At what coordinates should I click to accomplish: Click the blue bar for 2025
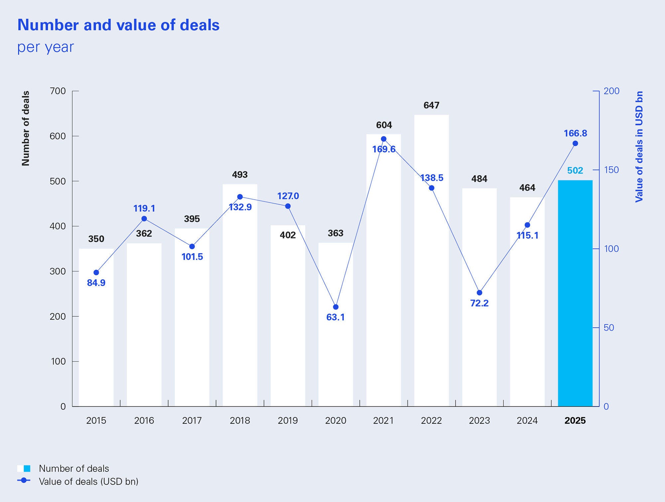coord(575,293)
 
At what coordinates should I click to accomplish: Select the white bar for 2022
coord(431,283)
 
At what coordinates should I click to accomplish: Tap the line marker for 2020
coord(335,307)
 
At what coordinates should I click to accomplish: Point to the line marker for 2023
coord(479,293)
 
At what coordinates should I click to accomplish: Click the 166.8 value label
coord(575,133)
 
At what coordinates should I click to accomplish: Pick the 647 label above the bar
coord(431,106)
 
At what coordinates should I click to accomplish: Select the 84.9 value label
coord(96,283)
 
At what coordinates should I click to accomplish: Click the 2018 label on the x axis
coord(240,421)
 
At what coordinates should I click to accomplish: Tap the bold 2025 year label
coord(575,421)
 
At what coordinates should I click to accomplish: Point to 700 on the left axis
coord(58,91)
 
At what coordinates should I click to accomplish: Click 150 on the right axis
coord(611,170)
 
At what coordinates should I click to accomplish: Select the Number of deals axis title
coord(26,128)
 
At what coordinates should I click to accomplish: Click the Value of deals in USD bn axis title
coord(639,146)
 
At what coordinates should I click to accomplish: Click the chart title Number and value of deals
coord(118,25)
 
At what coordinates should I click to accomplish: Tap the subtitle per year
coord(46,47)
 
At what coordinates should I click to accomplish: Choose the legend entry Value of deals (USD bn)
coord(88,482)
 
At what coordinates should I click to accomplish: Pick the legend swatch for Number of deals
coord(24,469)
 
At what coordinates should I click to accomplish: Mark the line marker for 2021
coord(383,139)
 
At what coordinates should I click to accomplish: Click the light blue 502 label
coord(575,171)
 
